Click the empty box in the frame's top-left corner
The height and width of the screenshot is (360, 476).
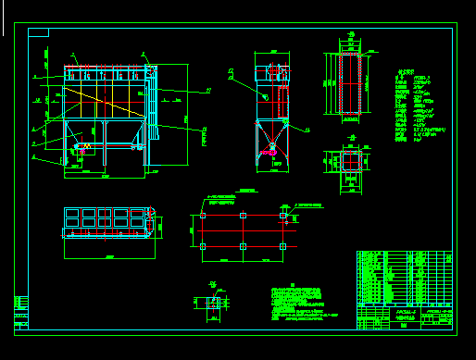[38, 32]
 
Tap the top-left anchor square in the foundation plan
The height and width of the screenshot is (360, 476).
[203, 216]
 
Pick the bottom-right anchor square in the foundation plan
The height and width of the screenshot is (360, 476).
[283, 246]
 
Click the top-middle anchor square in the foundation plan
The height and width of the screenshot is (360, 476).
[243, 216]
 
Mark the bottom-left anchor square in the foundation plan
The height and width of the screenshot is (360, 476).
[203, 246]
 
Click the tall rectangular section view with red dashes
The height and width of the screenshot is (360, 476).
[349, 85]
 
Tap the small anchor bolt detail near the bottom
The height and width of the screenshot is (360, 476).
[214, 303]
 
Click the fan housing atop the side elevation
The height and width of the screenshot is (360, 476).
[273, 70]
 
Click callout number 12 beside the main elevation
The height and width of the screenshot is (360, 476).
[208, 90]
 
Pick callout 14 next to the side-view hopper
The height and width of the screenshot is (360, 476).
[307, 130]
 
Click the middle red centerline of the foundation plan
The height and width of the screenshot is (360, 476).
[243, 231]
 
